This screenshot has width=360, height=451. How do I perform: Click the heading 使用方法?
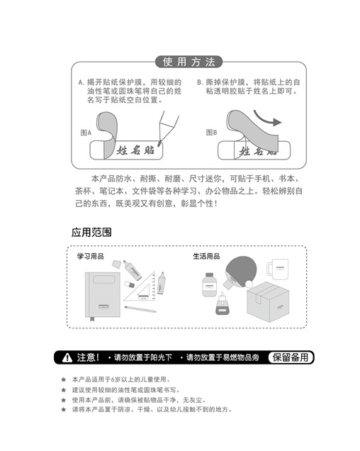[189, 62]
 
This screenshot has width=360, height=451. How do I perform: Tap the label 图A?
[86, 133]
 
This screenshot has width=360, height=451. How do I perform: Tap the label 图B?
[212, 133]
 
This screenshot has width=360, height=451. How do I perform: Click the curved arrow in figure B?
[267, 118]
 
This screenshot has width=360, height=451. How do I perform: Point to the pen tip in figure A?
[159, 143]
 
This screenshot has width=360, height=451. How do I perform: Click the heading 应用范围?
[91, 233]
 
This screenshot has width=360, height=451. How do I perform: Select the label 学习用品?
[90, 256]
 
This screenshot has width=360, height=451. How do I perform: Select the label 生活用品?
[206, 256]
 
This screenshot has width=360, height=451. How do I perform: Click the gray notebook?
[103, 294]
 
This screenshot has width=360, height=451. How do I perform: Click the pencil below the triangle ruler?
[140, 309]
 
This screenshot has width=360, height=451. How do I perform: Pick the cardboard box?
[268, 301]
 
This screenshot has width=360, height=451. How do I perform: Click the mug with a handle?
[278, 269]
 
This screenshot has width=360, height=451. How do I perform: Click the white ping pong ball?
[249, 284]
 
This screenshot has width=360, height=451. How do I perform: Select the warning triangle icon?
[67, 357]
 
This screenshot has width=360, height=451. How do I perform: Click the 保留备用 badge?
[291, 357]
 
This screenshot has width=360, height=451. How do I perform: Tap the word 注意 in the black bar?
[86, 357]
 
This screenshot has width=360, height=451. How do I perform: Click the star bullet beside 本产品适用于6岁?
[64, 379]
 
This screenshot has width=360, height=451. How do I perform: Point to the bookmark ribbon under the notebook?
[92, 318]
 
